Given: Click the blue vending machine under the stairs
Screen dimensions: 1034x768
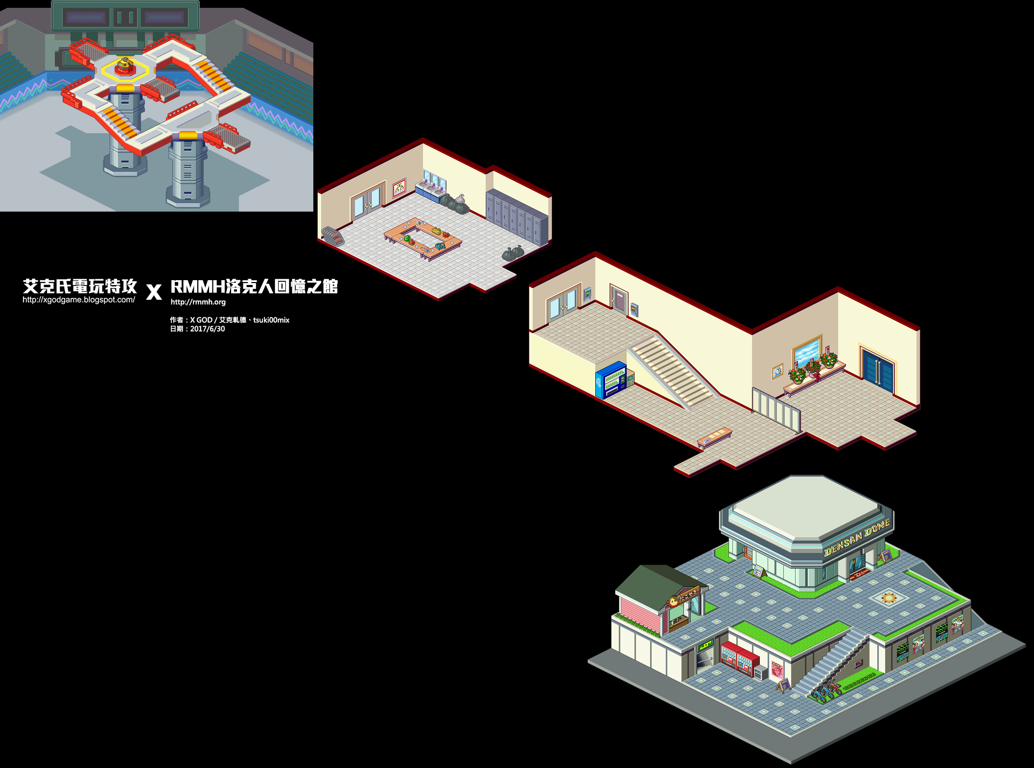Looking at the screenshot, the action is tap(611, 380).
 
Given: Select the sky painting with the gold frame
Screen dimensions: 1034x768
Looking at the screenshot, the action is tap(807, 351).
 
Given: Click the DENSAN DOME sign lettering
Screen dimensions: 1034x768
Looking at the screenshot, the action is tap(857, 538).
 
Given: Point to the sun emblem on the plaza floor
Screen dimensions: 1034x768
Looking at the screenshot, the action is tap(889, 598).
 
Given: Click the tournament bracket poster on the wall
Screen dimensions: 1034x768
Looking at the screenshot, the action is tap(399, 187).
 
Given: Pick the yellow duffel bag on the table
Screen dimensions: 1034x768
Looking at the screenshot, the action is tap(436, 230).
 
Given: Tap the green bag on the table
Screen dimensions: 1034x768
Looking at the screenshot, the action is tap(406, 239).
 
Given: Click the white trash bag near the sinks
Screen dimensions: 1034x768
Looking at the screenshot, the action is tap(460, 199).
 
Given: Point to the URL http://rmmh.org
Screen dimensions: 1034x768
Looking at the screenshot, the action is tap(198, 302).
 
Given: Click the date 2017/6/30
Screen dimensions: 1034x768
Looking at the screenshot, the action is tap(207, 329).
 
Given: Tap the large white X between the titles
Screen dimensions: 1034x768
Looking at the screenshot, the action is tap(154, 292).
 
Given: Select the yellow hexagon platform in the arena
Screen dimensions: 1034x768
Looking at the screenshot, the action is tap(125, 70).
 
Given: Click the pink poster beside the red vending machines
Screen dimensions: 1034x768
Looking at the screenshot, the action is tap(776, 669).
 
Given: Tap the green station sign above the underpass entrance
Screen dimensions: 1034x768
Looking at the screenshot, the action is tap(705, 646).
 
